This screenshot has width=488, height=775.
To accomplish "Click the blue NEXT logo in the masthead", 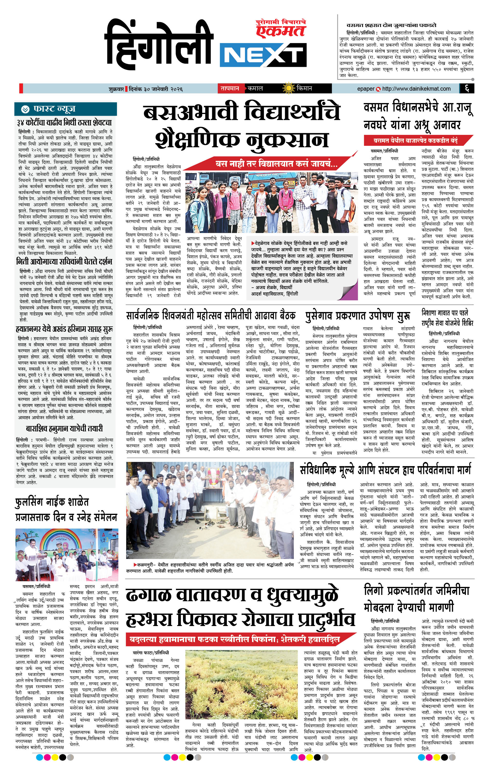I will click(x=262, y=56).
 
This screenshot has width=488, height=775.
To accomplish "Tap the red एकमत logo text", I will click(x=280, y=31).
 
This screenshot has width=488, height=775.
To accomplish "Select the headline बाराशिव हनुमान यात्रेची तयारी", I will click(x=64, y=428).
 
